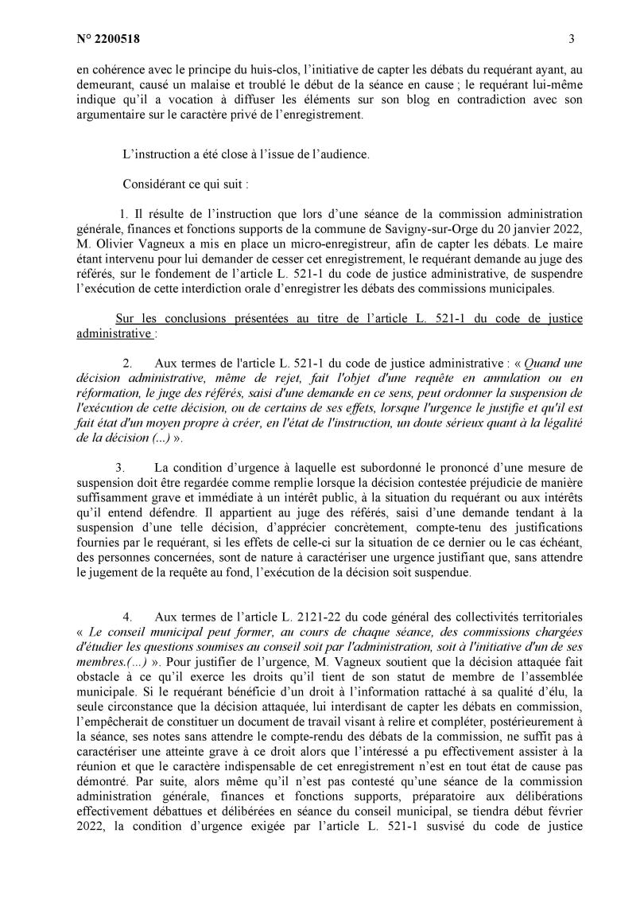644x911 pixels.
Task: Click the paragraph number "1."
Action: tap(124, 213)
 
